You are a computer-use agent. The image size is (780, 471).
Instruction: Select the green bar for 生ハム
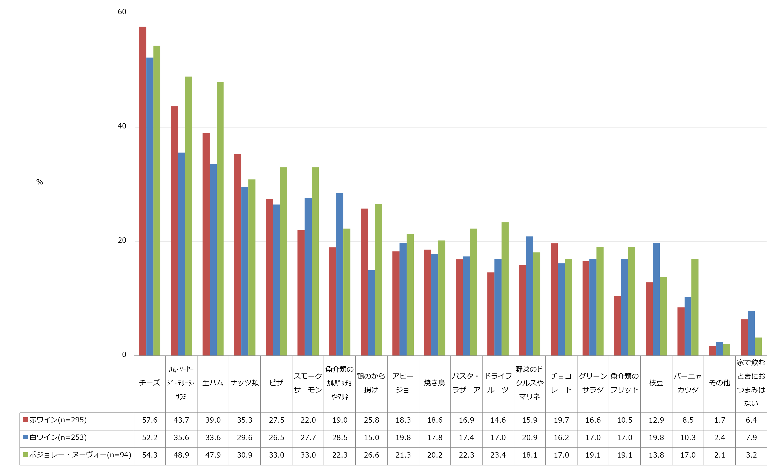tap(220, 219)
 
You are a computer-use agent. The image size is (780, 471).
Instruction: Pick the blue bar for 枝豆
tap(656, 299)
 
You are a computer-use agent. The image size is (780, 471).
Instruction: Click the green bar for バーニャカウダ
tap(695, 307)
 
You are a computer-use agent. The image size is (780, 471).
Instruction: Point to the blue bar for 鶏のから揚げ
tap(371, 313)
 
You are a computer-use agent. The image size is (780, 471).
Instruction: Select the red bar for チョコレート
tap(554, 299)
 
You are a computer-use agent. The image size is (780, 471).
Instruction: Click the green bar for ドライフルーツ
tap(505, 289)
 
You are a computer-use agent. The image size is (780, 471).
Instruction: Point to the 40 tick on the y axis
tap(122, 126)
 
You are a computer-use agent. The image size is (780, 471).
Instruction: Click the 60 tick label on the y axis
tap(122, 12)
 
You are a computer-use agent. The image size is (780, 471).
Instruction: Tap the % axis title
tap(39, 182)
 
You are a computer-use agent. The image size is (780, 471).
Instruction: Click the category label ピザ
tap(276, 383)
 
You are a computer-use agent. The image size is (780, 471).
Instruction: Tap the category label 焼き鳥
tap(435, 383)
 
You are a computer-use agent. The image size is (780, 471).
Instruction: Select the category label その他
tap(719, 383)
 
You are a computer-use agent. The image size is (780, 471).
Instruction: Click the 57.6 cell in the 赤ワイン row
tap(150, 420)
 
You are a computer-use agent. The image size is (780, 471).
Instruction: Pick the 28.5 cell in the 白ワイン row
tap(340, 437)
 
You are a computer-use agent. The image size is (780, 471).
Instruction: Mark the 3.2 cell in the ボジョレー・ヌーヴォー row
tap(751, 455)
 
